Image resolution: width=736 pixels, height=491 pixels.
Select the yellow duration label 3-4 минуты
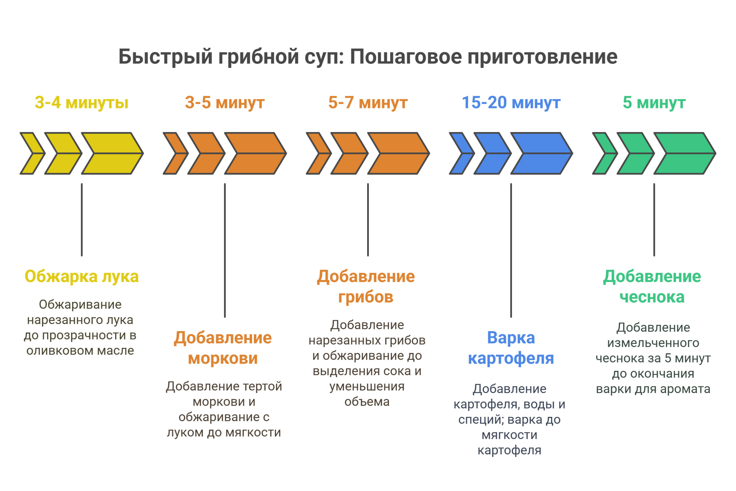point(81,103)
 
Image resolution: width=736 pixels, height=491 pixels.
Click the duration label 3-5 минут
point(225,103)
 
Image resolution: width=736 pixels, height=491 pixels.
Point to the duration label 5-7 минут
point(368,103)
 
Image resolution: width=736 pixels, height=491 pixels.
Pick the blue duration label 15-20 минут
point(511,103)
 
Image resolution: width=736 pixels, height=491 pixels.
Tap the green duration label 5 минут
point(654,103)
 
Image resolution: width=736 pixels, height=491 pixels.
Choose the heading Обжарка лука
point(81,277)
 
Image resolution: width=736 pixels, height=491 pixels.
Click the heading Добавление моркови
point(223,348)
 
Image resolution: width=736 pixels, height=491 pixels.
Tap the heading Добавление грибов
point(366,287)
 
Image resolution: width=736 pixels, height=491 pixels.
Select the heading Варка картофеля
point(511,348)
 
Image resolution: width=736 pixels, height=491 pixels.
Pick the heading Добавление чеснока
point(652,287)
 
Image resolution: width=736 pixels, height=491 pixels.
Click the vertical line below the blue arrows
point(511,250)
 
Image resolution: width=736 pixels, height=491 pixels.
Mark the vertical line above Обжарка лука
point(82,220)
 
